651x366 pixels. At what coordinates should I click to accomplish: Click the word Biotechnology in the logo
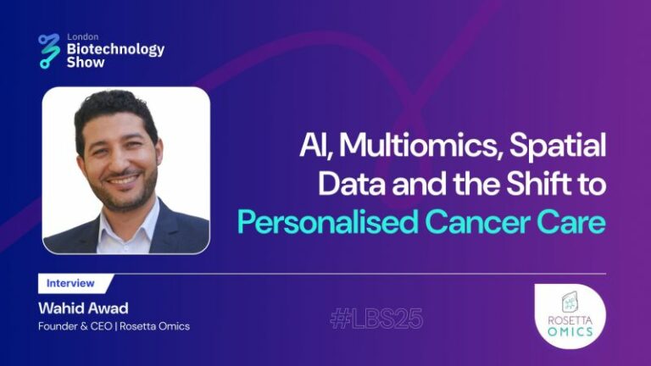coord(115,49)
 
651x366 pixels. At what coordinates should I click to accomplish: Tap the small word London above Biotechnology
coord(82,36)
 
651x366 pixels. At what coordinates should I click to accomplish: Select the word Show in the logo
coord(86,63)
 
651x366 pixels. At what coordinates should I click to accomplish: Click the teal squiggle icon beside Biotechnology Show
coord(49,51)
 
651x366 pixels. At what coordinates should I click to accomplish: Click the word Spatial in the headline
coord(558,146)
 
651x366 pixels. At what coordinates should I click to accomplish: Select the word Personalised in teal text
coord(327,223)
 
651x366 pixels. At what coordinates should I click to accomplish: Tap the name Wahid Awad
coord(83,308)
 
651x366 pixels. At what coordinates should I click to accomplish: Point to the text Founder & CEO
coord(75,326)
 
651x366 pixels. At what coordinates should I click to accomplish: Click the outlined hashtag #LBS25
coord(376,319)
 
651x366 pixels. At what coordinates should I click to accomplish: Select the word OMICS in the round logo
coord(570,331)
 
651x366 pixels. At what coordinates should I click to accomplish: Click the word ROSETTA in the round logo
coord(570,320)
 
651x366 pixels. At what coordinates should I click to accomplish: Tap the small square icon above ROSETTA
coord(570,302)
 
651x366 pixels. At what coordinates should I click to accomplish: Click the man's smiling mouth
coord(123,180)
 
